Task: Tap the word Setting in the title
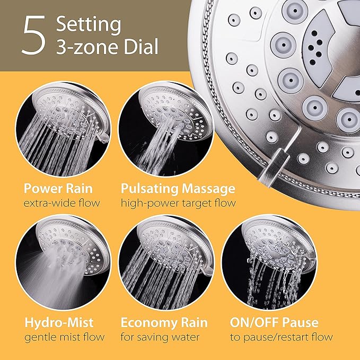click(89, 24)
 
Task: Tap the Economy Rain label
click(164, 322)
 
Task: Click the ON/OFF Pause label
click(275, 322)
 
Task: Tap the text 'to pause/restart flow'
click(281, 337)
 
